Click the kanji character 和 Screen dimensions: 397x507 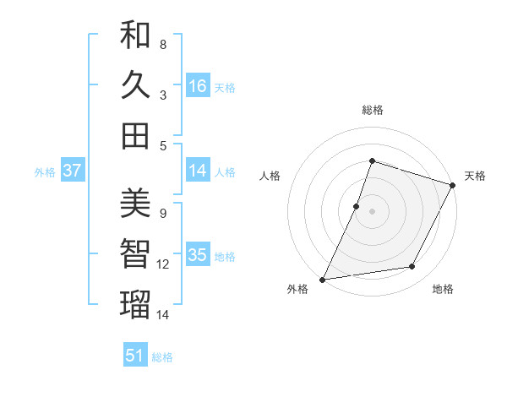click(135, 35)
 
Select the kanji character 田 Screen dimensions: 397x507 click(135, 135)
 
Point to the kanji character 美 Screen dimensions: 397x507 click(135, 204)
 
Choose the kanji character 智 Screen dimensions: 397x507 click(135, 254)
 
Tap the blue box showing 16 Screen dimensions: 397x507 click(197, 85)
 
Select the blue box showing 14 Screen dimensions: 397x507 click(197, 171)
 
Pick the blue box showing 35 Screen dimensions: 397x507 click(197, 255)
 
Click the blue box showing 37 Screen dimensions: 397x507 click(73, 171)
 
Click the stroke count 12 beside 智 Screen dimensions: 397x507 click(163, 264)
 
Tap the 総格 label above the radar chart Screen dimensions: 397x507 click(372, 110)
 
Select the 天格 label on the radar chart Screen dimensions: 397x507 click(475, 176)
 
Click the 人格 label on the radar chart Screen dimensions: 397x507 click(270, 176)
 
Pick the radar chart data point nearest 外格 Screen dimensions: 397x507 click(323, 279)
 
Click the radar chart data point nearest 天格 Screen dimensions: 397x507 click(453, 185)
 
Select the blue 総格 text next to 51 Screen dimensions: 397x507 click(162, 357)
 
